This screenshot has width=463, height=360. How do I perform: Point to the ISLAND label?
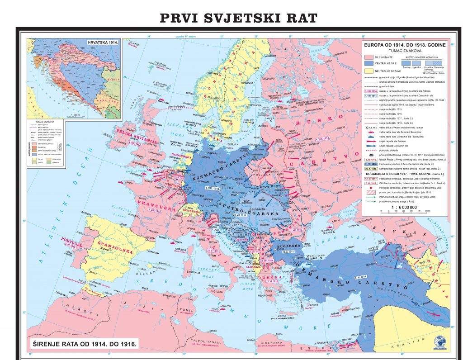click(x=134, y=43)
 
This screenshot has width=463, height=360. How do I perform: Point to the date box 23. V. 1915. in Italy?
click(x=213, y=249)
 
